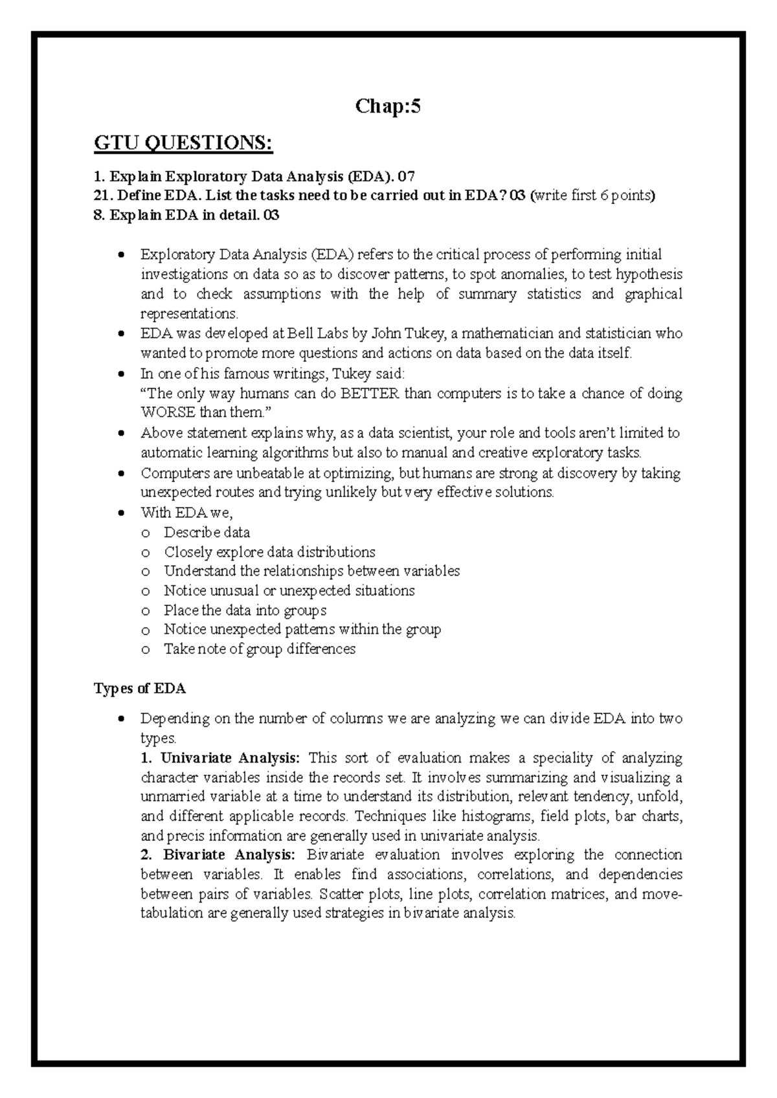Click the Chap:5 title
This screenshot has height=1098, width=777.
[388, 106]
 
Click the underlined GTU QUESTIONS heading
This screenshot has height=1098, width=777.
[183, 142]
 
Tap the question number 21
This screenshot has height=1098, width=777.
[102, 196]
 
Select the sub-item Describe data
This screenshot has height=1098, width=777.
[207, 532]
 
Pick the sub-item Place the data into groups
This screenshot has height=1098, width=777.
[245, 610]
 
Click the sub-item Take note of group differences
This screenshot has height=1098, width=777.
[259, 649]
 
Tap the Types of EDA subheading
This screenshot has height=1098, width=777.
[140, 688]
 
